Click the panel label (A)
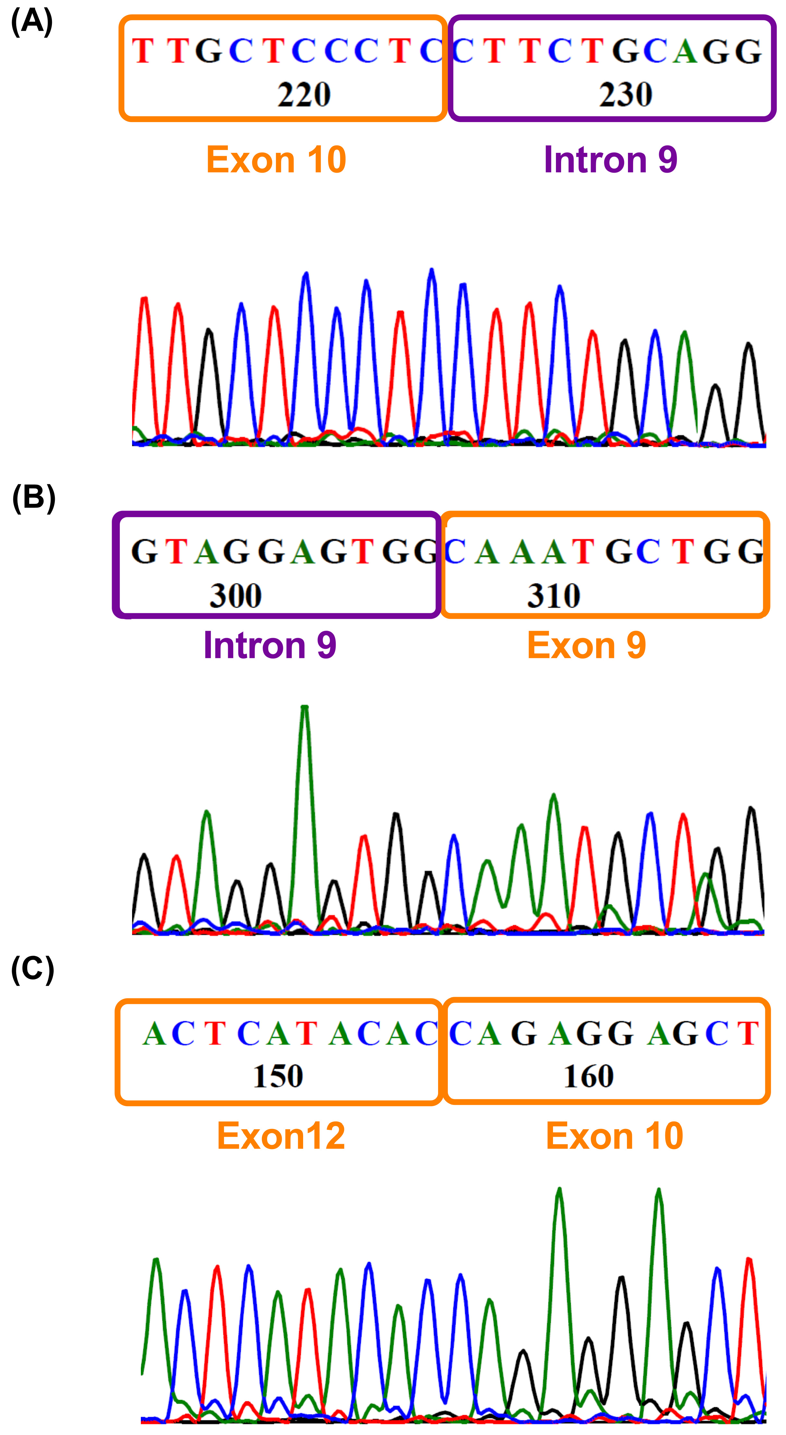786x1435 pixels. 32,22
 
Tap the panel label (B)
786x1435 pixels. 33,498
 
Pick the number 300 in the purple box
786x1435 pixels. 236,596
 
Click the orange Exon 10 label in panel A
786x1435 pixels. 276,160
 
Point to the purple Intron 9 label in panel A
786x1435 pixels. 610,160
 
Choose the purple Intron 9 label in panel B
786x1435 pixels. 270,645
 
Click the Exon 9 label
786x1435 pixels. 586,645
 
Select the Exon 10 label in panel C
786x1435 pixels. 614,1135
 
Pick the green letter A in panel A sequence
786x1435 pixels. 685,51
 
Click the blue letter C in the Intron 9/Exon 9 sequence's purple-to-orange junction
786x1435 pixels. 455,552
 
